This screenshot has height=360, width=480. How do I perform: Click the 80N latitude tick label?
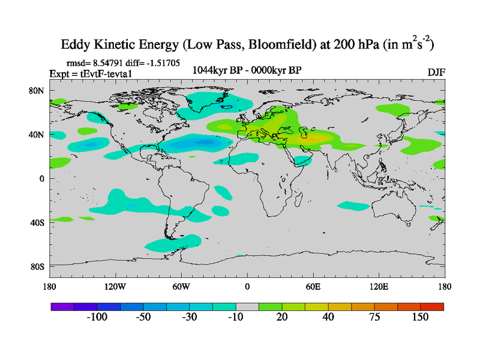38,91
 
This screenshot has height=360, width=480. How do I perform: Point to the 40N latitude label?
38,134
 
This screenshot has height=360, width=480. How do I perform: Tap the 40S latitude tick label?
38,222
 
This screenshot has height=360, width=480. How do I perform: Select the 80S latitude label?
38,266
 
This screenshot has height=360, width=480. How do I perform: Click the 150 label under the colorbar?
419,317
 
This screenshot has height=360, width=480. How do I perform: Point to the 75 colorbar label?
373,317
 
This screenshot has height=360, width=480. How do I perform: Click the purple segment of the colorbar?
62,307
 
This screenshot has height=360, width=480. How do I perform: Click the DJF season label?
436,73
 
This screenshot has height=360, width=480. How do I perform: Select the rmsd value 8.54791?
109,62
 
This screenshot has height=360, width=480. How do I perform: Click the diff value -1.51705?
164,62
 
